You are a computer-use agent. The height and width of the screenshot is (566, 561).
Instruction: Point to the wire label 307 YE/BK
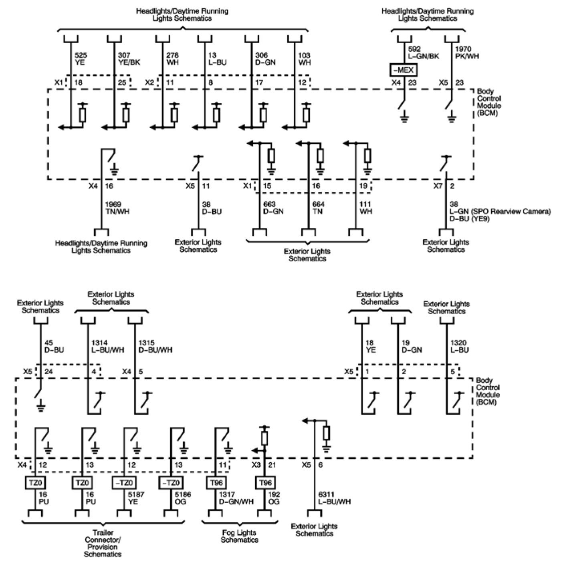[x=129, y=59]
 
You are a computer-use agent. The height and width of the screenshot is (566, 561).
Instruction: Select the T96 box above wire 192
[x=265, y=483]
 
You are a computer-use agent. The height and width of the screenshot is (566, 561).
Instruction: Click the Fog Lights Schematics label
[x=239, y=536]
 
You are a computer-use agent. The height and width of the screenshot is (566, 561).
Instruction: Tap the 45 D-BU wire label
[x=54, y=346]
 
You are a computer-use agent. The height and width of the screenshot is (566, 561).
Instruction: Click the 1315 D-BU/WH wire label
[x=155, y=346]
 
